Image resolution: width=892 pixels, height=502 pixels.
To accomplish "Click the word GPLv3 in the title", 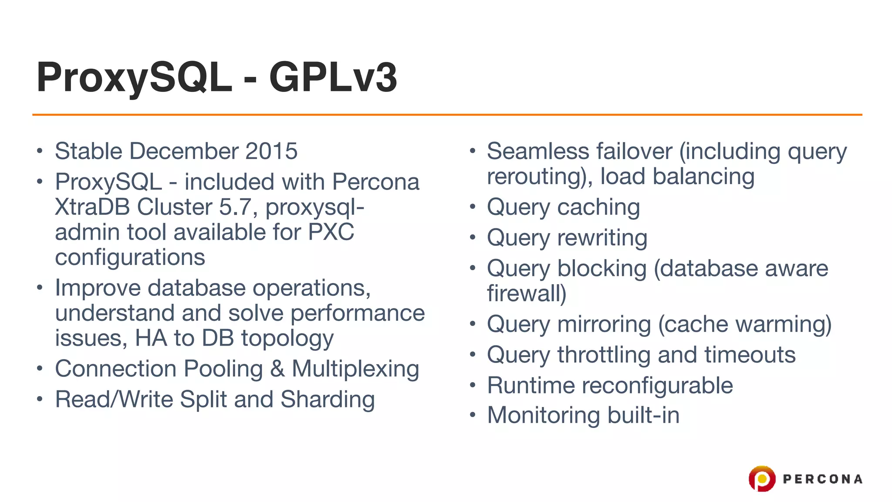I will click(333, 78).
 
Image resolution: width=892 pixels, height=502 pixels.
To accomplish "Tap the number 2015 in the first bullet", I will click(271, 151).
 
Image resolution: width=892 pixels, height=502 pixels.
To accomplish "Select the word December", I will click(185, 151).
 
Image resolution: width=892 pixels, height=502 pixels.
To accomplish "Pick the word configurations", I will click(130, 257).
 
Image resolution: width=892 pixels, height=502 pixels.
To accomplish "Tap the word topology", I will click(287, 339).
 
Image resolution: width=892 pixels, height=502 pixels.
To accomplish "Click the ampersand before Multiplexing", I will click(277, 369).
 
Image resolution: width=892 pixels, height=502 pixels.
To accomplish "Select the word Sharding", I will click(328, 399).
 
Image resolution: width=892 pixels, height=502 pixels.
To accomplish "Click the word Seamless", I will click(536, 151).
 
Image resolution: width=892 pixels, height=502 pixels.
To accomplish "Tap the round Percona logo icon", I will click(762, 478).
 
